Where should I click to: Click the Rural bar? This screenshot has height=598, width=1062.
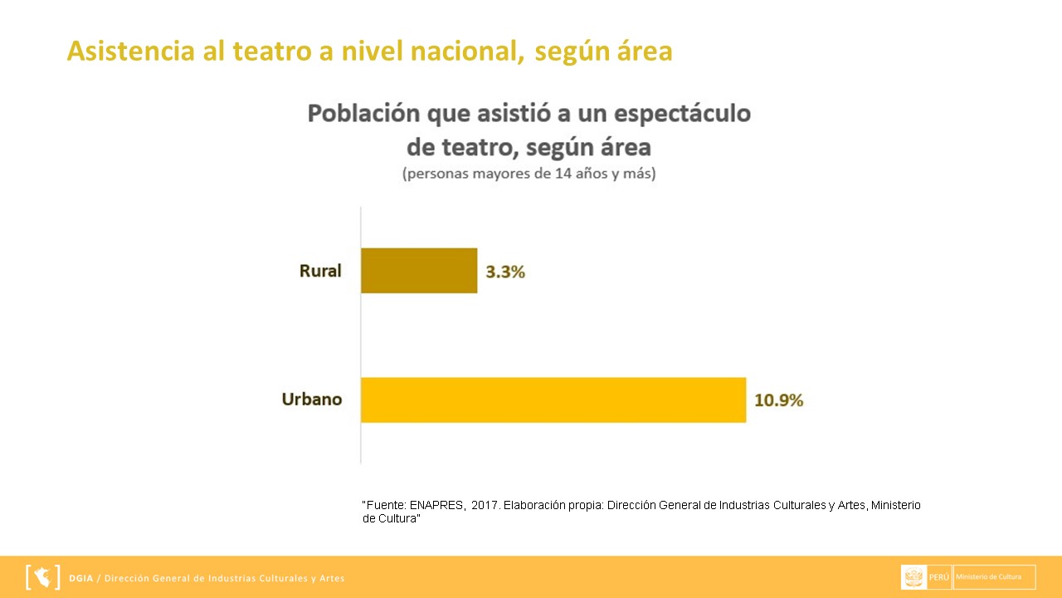[x=419, y=271]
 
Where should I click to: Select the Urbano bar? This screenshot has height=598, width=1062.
[x=553, y=399]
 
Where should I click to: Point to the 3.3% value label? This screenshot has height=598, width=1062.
[x=505, y=272]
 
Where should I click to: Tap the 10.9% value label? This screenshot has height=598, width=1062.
[x=778, y=399]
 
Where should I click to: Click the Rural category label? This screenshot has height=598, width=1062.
[x=320, y=271]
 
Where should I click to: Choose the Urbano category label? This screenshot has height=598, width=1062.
[x=312, y=399]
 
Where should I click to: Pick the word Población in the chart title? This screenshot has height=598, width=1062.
[x=362, y=114]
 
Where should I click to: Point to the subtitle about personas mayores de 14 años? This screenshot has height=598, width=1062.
[x=529, y=175]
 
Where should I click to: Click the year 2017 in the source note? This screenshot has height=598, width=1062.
[x=485, y=505]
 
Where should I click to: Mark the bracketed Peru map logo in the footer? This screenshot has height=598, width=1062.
[x=43, y=577]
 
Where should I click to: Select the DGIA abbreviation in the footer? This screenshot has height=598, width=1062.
[x=81, y=578]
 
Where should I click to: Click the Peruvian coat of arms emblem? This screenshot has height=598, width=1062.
[x=914, y=577]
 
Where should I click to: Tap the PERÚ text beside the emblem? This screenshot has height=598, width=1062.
[x=939, y=577]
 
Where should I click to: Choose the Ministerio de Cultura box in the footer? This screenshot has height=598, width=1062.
[x=994, y=577]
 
